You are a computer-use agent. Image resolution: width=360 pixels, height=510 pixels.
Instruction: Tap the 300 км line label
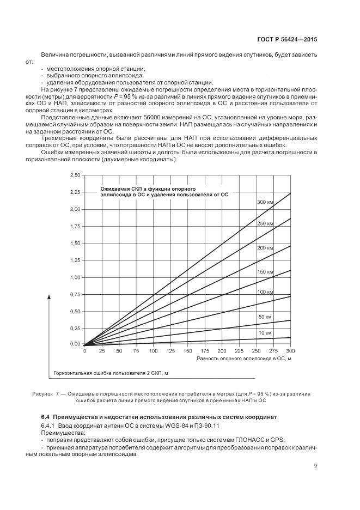pyautogui.click(x=265, y=202)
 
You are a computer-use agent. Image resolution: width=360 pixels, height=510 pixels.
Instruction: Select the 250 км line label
pyautogui.click(x=265, y=224)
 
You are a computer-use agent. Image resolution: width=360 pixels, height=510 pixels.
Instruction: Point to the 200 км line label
pyautogui.click(x=265, y=248)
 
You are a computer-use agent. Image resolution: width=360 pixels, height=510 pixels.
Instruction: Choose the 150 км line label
pyautogui.click(x=265, y=271)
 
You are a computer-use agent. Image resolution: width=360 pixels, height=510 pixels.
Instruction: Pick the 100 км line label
pyautogui.click(x=265, y=293)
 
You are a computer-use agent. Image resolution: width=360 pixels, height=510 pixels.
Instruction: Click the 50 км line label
pyautogui.click(x=265, y=317)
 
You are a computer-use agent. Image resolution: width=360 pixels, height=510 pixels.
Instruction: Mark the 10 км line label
pyautogui.click(x=265, y=332)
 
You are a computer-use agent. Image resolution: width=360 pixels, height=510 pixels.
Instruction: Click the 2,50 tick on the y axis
pyautogui.click(x=74, y=175)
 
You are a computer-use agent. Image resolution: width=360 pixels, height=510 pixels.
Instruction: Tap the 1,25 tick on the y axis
pyautogui.click(x=74, y=260)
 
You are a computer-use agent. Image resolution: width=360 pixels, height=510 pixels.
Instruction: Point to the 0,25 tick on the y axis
pyautogui.click(x=74, y=329)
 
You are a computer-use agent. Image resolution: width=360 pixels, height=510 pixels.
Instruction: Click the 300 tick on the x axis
pyautogui.click(x=290, y=351)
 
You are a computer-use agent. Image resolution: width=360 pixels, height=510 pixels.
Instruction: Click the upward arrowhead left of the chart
pyautogui.click(x=50, y=296)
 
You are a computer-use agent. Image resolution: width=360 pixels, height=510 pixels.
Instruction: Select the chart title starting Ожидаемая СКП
pyautogui.click(x=164, y=191)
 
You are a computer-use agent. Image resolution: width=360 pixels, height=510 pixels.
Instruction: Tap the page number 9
pyautogui.click(x=316, y=466)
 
